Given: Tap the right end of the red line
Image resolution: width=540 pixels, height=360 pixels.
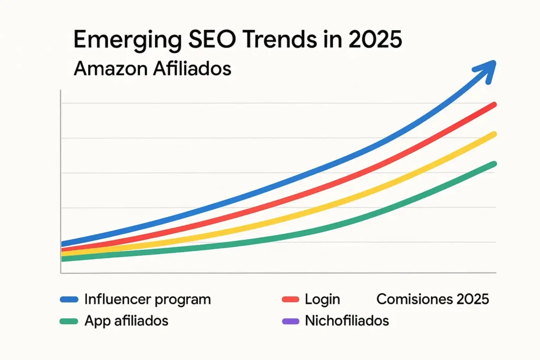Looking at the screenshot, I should (x=494, y=104).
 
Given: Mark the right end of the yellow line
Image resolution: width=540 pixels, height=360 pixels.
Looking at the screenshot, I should (x=494, y=134).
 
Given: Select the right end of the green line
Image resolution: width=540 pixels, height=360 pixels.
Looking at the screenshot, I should (x=494, y=163).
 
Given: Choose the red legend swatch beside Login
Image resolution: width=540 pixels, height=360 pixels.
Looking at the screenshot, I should (x=290, y=300).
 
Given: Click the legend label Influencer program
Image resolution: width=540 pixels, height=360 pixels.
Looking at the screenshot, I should (x=148, y=299).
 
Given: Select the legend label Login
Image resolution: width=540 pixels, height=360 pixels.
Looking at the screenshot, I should (x=322, y=299).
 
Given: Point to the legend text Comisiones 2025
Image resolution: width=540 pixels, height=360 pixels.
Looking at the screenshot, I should (x=432, y=299).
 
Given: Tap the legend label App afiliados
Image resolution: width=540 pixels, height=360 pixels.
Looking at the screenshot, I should (x=126, y=320).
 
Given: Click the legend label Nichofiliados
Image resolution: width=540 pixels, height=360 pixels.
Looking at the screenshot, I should (x=347, y=320).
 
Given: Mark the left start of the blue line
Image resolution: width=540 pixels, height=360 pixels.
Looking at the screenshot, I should (x=63, y=244).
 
